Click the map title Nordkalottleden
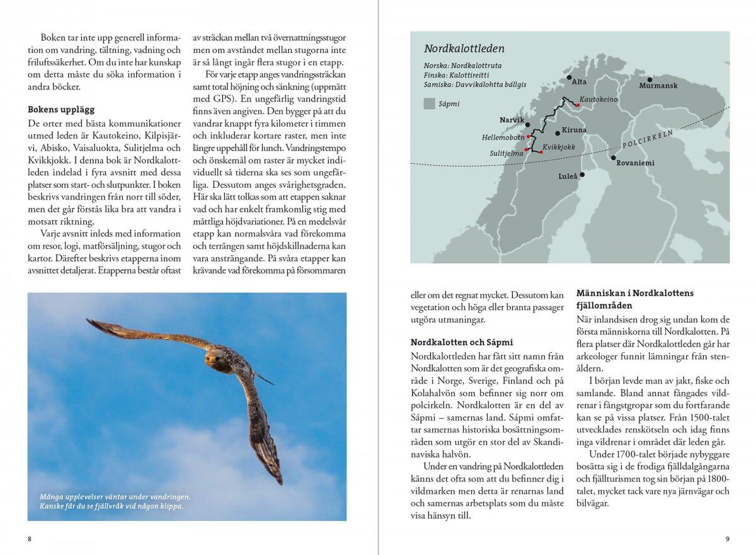coord(464,49)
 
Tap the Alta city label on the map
coord(578,82)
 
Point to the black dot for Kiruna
coord(558,133)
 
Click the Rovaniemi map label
coord(636,163)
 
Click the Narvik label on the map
coord(512,119)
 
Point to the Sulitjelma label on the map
coord(506,153)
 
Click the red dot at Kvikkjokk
coord(541,152)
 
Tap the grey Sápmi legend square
coord(429,104)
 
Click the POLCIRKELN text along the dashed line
coord(648,140)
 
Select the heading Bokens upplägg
coord(60,109)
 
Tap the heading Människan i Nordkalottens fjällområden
coord(634,299)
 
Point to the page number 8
coord(29,539)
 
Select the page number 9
coord(727,539)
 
